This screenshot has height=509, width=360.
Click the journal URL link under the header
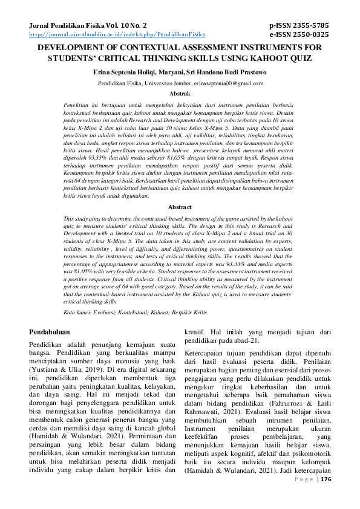point(117,35)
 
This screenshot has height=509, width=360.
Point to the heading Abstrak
point(180,94)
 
